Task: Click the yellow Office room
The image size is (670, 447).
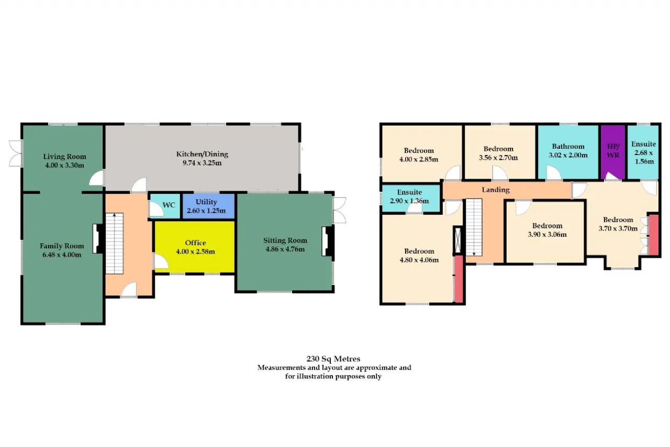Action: [x=194, y=247]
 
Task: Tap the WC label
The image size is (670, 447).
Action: [x=169, y=205]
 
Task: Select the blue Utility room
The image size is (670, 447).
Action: [x=208, y=206]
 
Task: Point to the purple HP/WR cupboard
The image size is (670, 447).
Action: [x=613, y=152]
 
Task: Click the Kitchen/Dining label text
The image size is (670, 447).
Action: [x=202, y=154]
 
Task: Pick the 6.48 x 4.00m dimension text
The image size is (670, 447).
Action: [x=62, y=255]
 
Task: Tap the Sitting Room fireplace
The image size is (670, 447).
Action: [x=328, y=241]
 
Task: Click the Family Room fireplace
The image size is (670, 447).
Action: [x=98, y=238]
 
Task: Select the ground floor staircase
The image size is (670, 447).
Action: [x=115, y=243]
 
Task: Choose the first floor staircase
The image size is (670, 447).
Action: [x=474, y=227]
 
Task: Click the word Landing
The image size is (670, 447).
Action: [x=496, y=190]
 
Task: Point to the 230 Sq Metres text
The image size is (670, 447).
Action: [x=333, y=358]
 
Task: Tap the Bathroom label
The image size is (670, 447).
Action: [x=568, y=147]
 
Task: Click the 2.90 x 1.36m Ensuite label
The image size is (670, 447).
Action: [x=409, y=197]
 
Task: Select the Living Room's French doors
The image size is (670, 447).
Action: [x=16, y=154]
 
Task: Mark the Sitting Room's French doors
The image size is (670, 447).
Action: [x=340, y=210]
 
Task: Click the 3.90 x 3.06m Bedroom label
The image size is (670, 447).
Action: [x=547, y=230]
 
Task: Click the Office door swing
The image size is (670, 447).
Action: [x=161, y=261]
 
